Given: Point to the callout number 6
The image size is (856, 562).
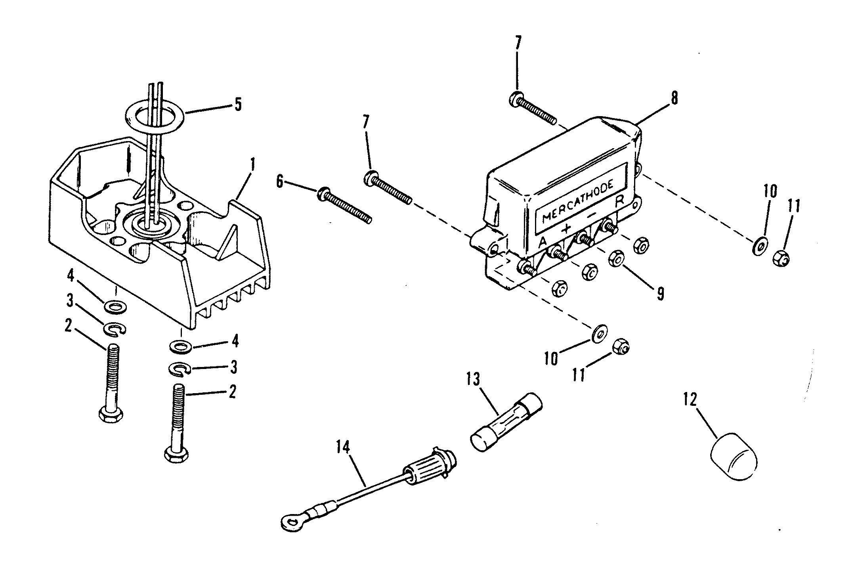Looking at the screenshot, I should click(x=280, y=182).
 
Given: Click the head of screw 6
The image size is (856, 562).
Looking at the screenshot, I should click(x=323, y=194).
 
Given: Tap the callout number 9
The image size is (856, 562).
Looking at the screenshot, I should click(x=659, y=294).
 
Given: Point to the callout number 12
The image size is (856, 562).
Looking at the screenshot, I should click(x=690, y=400).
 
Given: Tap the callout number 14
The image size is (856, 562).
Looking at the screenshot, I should click(x=343, y=448).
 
